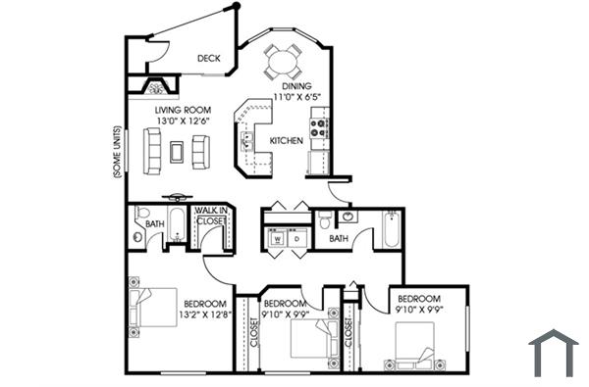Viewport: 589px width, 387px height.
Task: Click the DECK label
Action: [208, 59]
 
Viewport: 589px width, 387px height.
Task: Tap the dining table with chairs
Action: [284, 63]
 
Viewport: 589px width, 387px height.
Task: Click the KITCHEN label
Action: [286, 141]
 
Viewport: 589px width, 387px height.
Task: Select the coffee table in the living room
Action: [177, 150]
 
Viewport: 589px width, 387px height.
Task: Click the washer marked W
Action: [277, 238]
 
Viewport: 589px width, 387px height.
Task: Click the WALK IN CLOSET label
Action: [210, 217]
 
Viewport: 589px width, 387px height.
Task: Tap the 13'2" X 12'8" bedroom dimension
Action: [205, 314]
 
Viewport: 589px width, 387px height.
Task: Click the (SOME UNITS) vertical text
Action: [117, 152]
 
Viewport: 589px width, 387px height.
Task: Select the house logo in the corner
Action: [553, 353]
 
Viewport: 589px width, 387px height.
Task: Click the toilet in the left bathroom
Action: [141, 216]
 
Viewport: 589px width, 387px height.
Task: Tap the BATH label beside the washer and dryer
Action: [339, 238]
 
